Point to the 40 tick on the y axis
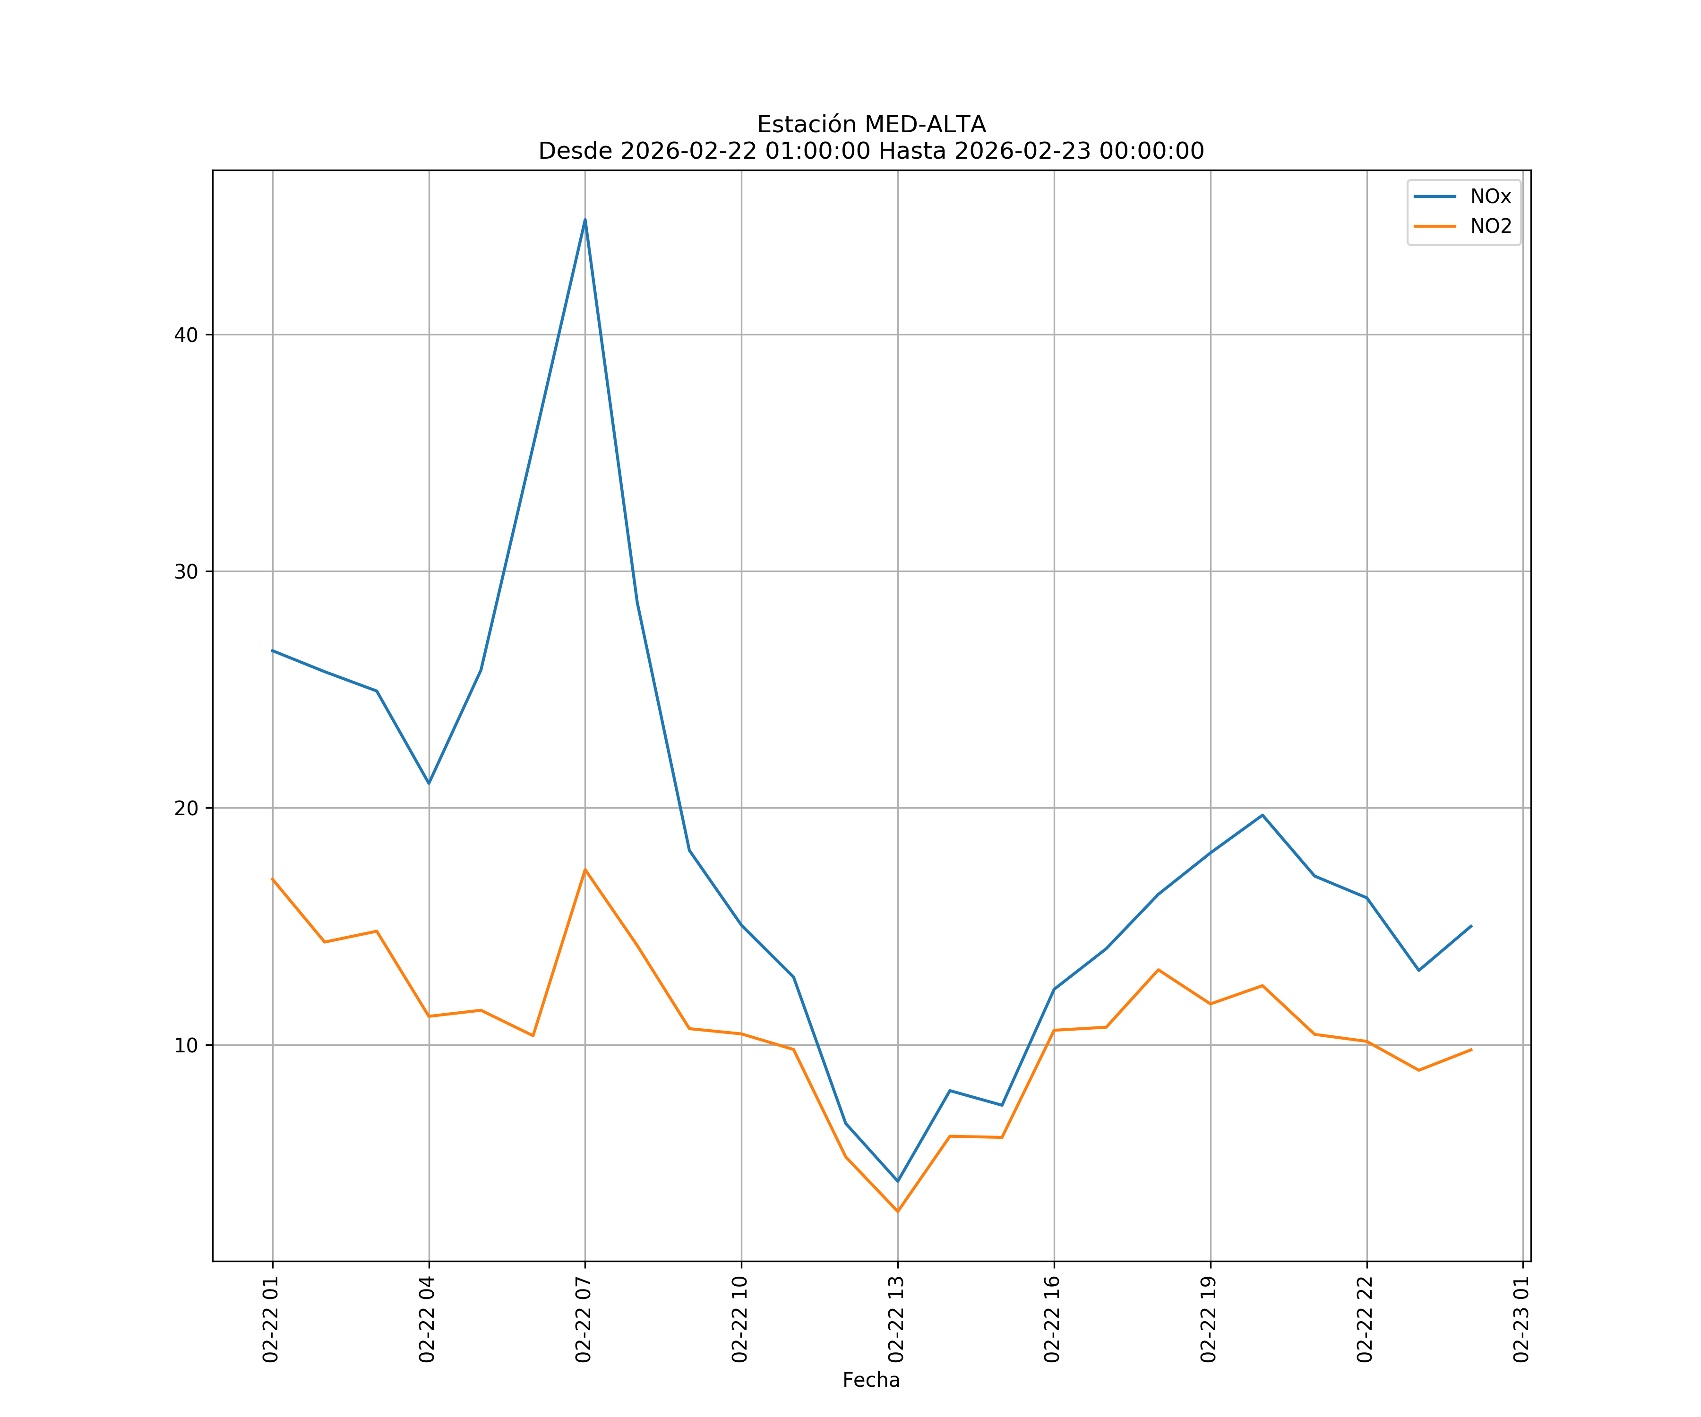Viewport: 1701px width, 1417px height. click(186, 335)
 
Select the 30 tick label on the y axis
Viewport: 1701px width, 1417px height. click(186, 572)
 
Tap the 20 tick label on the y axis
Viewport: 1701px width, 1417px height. click(186, 808)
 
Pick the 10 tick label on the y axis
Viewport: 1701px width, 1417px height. click(186, 1045)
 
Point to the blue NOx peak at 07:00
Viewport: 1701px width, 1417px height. click(585, 220)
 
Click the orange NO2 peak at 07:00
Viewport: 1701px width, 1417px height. click(585, 870)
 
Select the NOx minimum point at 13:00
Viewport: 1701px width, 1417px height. click(897, 1181)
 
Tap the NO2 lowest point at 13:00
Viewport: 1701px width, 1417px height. click(897, 1212)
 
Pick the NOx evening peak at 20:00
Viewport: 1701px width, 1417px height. click(1262, 815)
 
